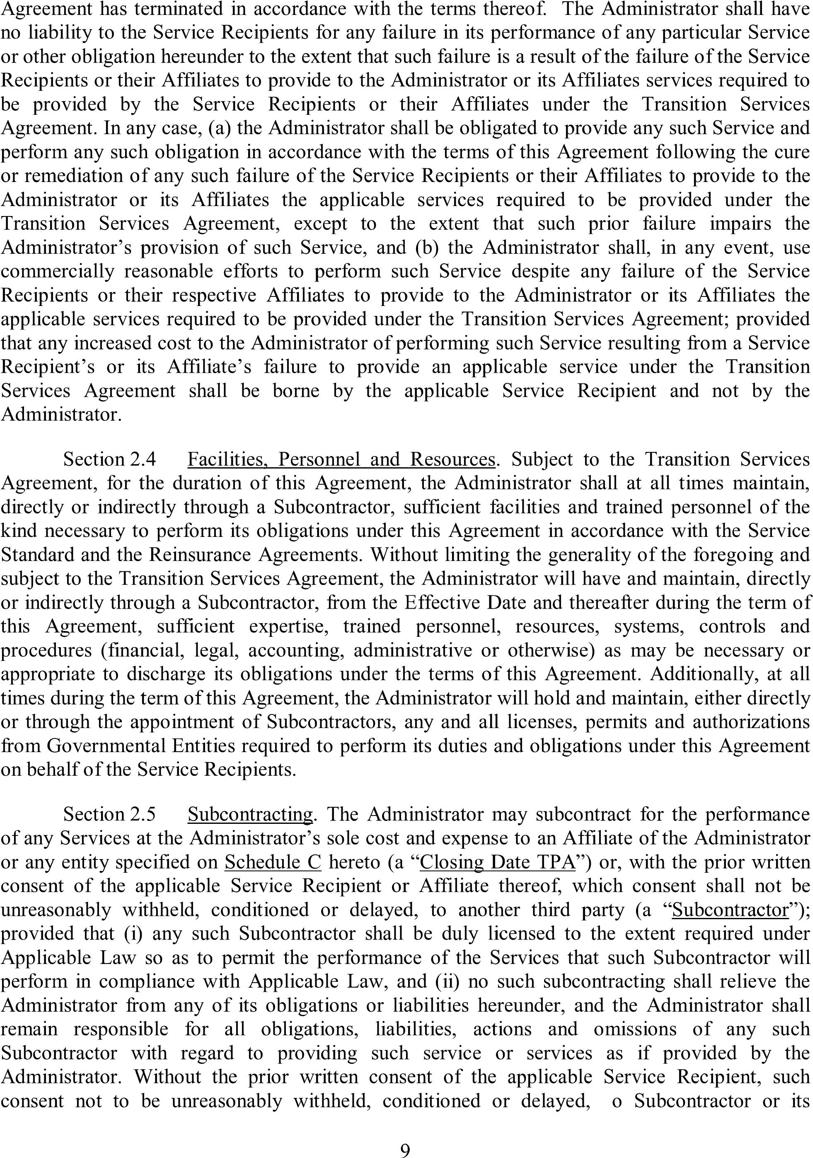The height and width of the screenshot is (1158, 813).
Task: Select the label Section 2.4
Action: pyautogui.click(x=109, y=459)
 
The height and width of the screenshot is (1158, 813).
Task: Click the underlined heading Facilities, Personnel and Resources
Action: pyautogui.click(x=341, y=459)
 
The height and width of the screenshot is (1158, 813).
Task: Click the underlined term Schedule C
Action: pyautogui.click(x=273, y=862)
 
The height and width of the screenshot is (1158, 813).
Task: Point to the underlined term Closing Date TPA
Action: pyautogui.click(x=498, y=862)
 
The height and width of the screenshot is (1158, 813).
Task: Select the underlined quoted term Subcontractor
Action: pyautogui.click(x=731, y=910)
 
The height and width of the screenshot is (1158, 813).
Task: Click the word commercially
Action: pyautogui.click(x=58, y=271)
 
